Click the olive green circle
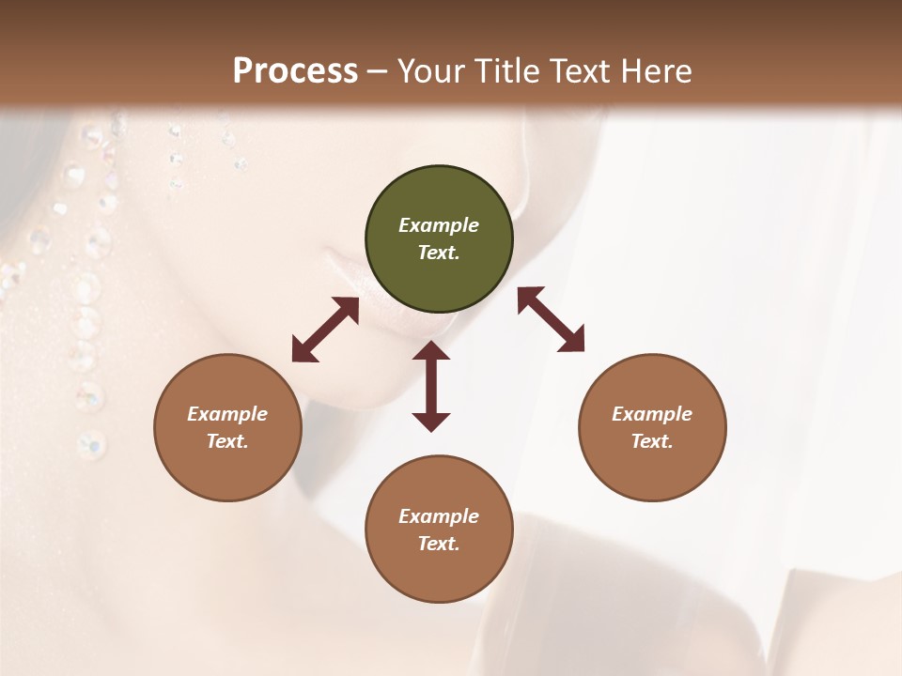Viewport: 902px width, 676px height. click(x=439, y=239)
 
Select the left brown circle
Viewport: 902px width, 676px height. click(x=227, y=427)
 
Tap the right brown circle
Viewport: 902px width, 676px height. click(x=652, y=427)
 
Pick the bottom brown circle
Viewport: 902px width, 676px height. click(x=439, y=530)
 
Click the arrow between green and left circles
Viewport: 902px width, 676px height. click(x=325, y=330)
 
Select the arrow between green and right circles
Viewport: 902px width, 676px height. click(x=552, y=319)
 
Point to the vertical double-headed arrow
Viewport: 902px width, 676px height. click(x=431, y=386)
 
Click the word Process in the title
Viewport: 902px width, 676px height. click(x=295, y=70)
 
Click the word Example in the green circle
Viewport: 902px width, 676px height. click(x=439, y=225)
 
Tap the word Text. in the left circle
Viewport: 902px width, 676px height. click(x=227, y=441)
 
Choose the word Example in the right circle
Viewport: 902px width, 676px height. click(x=652, y=414)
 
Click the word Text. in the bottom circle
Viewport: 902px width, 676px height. click(x=439, y=544)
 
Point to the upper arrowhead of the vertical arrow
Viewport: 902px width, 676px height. click(x=431, y=352)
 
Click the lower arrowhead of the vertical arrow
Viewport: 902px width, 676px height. click(x=431, y=421)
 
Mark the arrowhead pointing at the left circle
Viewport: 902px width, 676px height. click(x=303, y=350)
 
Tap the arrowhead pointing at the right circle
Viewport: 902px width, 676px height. click(x=572, y=341)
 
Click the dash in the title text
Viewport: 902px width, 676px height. click(x=378, y=71)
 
